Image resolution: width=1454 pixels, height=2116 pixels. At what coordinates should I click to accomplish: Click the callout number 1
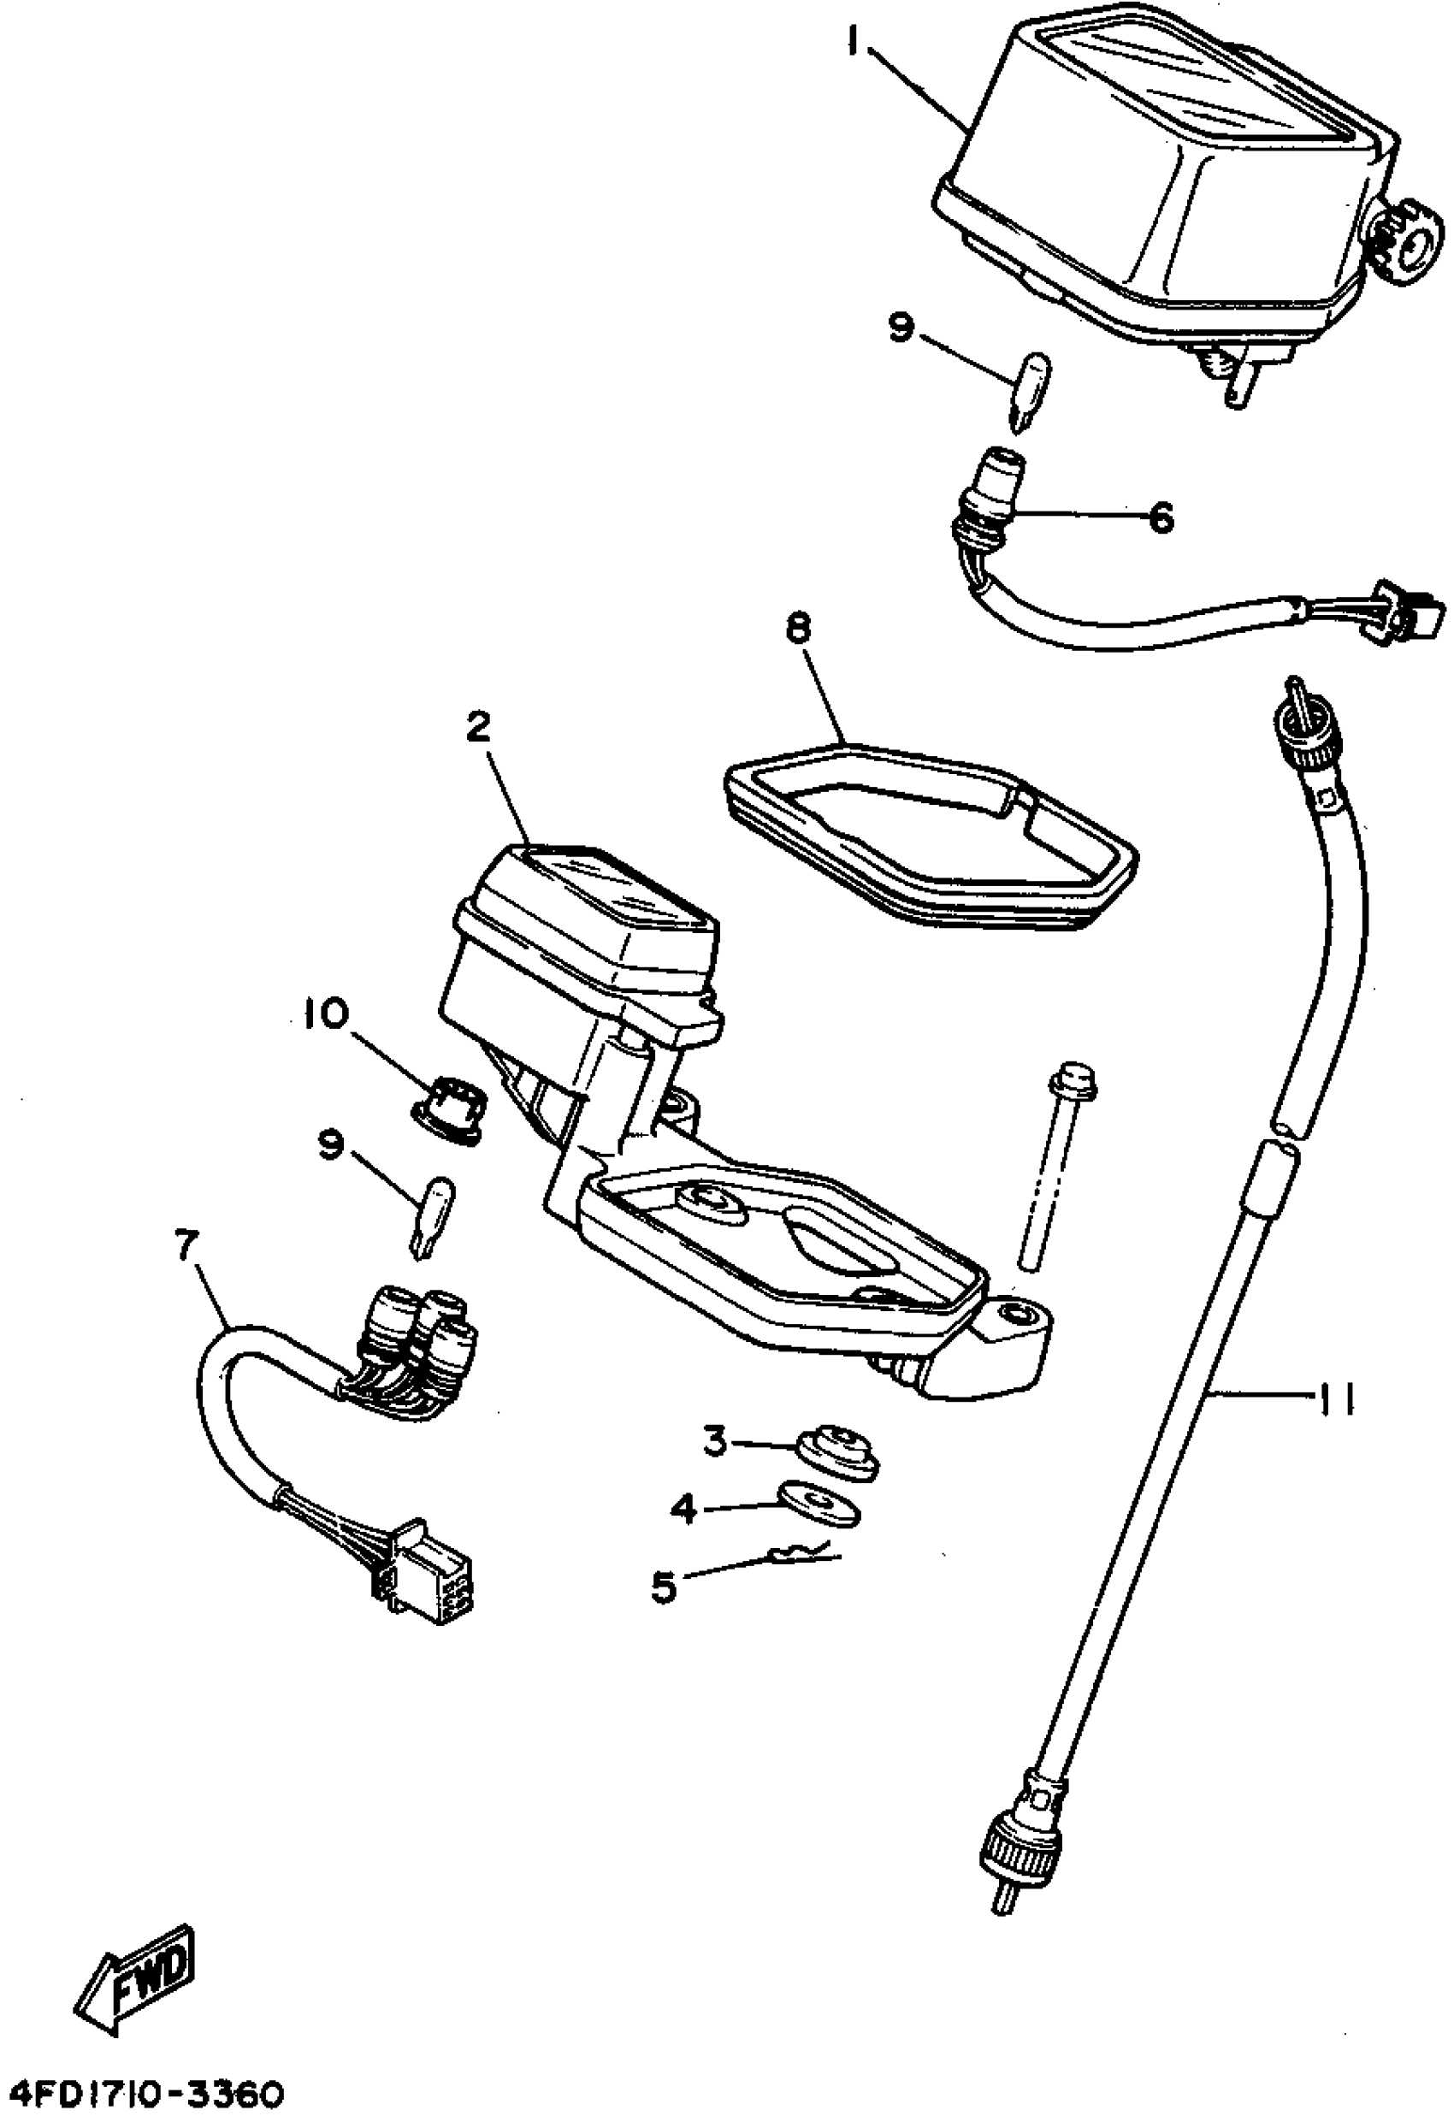[x=854, y=42]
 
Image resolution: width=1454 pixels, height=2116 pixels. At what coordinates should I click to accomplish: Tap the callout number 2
[x=479, y=727]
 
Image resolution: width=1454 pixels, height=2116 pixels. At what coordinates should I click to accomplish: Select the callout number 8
[x=799, y=629]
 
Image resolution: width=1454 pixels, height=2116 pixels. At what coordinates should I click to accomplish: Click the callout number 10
[x=327, y=1013]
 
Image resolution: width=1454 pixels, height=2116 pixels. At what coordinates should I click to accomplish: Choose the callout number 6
[x=1160, y=518]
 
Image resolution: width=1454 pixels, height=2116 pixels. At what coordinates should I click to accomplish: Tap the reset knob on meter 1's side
[x=1409, y=239]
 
